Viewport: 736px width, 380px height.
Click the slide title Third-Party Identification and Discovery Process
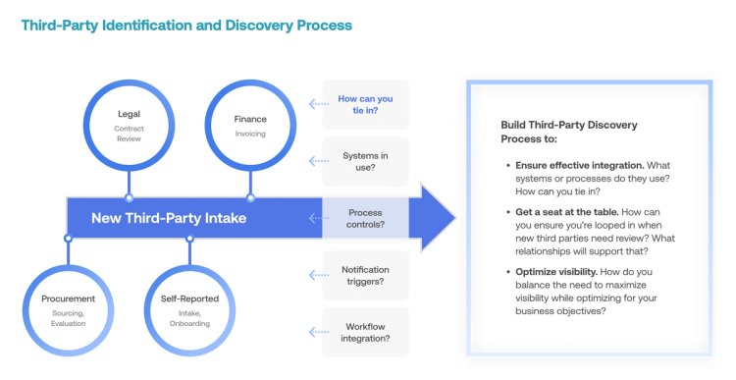186,25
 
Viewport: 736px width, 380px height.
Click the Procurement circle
68,304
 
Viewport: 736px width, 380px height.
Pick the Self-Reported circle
189,304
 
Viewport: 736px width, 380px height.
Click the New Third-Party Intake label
170,218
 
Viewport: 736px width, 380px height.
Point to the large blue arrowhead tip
453,218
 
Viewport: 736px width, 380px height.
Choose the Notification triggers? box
365,276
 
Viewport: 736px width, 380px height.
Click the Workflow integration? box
365,332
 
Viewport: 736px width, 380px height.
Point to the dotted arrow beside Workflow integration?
317,333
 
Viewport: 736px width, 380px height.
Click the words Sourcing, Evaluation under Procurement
68,318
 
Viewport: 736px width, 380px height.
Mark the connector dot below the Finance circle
250,197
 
